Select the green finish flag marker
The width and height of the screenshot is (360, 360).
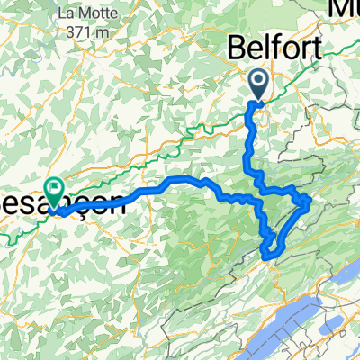56,193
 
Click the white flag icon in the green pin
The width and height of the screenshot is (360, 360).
56,190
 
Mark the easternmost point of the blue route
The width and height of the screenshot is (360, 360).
310,202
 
